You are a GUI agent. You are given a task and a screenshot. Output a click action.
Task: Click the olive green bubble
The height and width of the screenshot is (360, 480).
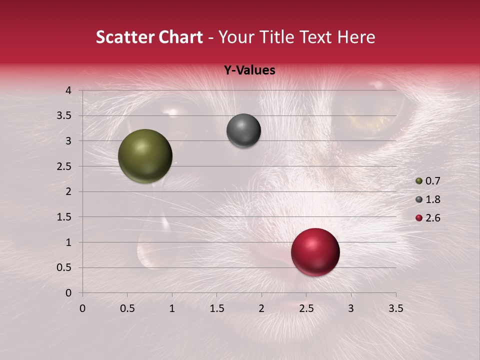tap(145, 156)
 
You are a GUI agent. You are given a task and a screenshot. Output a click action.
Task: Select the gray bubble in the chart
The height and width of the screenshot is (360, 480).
tap(243, 131)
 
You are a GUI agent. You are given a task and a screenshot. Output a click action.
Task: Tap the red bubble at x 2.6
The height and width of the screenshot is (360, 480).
tap(315, 252)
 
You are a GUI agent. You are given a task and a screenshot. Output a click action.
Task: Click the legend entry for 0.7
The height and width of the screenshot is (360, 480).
tap(427, 181)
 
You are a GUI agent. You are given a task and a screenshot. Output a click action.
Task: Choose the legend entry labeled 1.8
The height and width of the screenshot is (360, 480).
tap(427, 199)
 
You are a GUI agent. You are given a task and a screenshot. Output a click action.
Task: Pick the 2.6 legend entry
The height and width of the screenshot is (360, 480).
tap(427, 218)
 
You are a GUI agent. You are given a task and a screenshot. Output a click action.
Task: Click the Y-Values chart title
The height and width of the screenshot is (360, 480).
tap(249, 70)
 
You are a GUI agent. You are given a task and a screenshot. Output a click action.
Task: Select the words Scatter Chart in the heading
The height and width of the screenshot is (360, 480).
tap(149, 37)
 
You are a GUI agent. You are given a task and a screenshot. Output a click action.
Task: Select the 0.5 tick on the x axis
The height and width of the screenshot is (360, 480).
tap(127, 308)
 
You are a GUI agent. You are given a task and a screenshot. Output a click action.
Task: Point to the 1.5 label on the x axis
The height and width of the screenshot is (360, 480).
tap(216, 308)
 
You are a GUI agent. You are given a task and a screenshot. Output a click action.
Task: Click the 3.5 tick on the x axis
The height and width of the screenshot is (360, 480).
tap(395, 308)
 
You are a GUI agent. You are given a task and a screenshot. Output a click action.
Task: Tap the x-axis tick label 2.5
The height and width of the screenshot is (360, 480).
tap(306, 308)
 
